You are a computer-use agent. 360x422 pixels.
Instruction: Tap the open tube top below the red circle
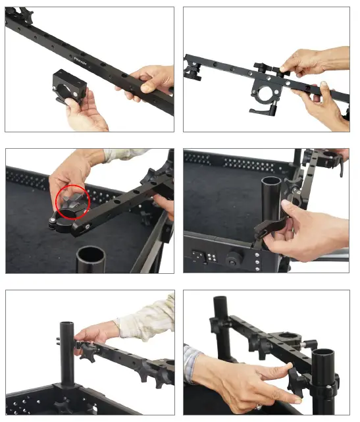click(90, 253)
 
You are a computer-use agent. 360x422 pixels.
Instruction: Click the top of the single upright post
click(66, 324)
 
